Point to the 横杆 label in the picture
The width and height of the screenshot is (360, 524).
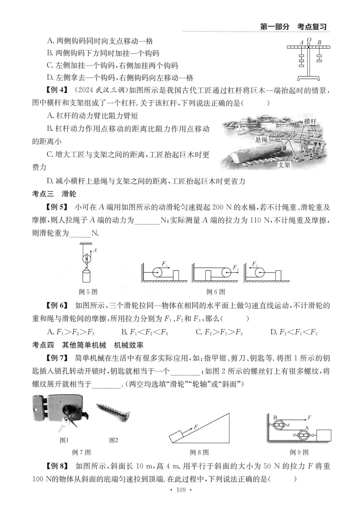pyautogui.click(x=310, y=122)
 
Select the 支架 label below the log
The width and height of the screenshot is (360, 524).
pyautogui.click(x=284, y=165)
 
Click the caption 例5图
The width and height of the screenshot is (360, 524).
pyautogui.click(x=88, y=292)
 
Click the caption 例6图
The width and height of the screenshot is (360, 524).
pyautogui.click(x=216, y=292)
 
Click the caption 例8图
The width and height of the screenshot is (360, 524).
pyautogui.click(x=199, y=452)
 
